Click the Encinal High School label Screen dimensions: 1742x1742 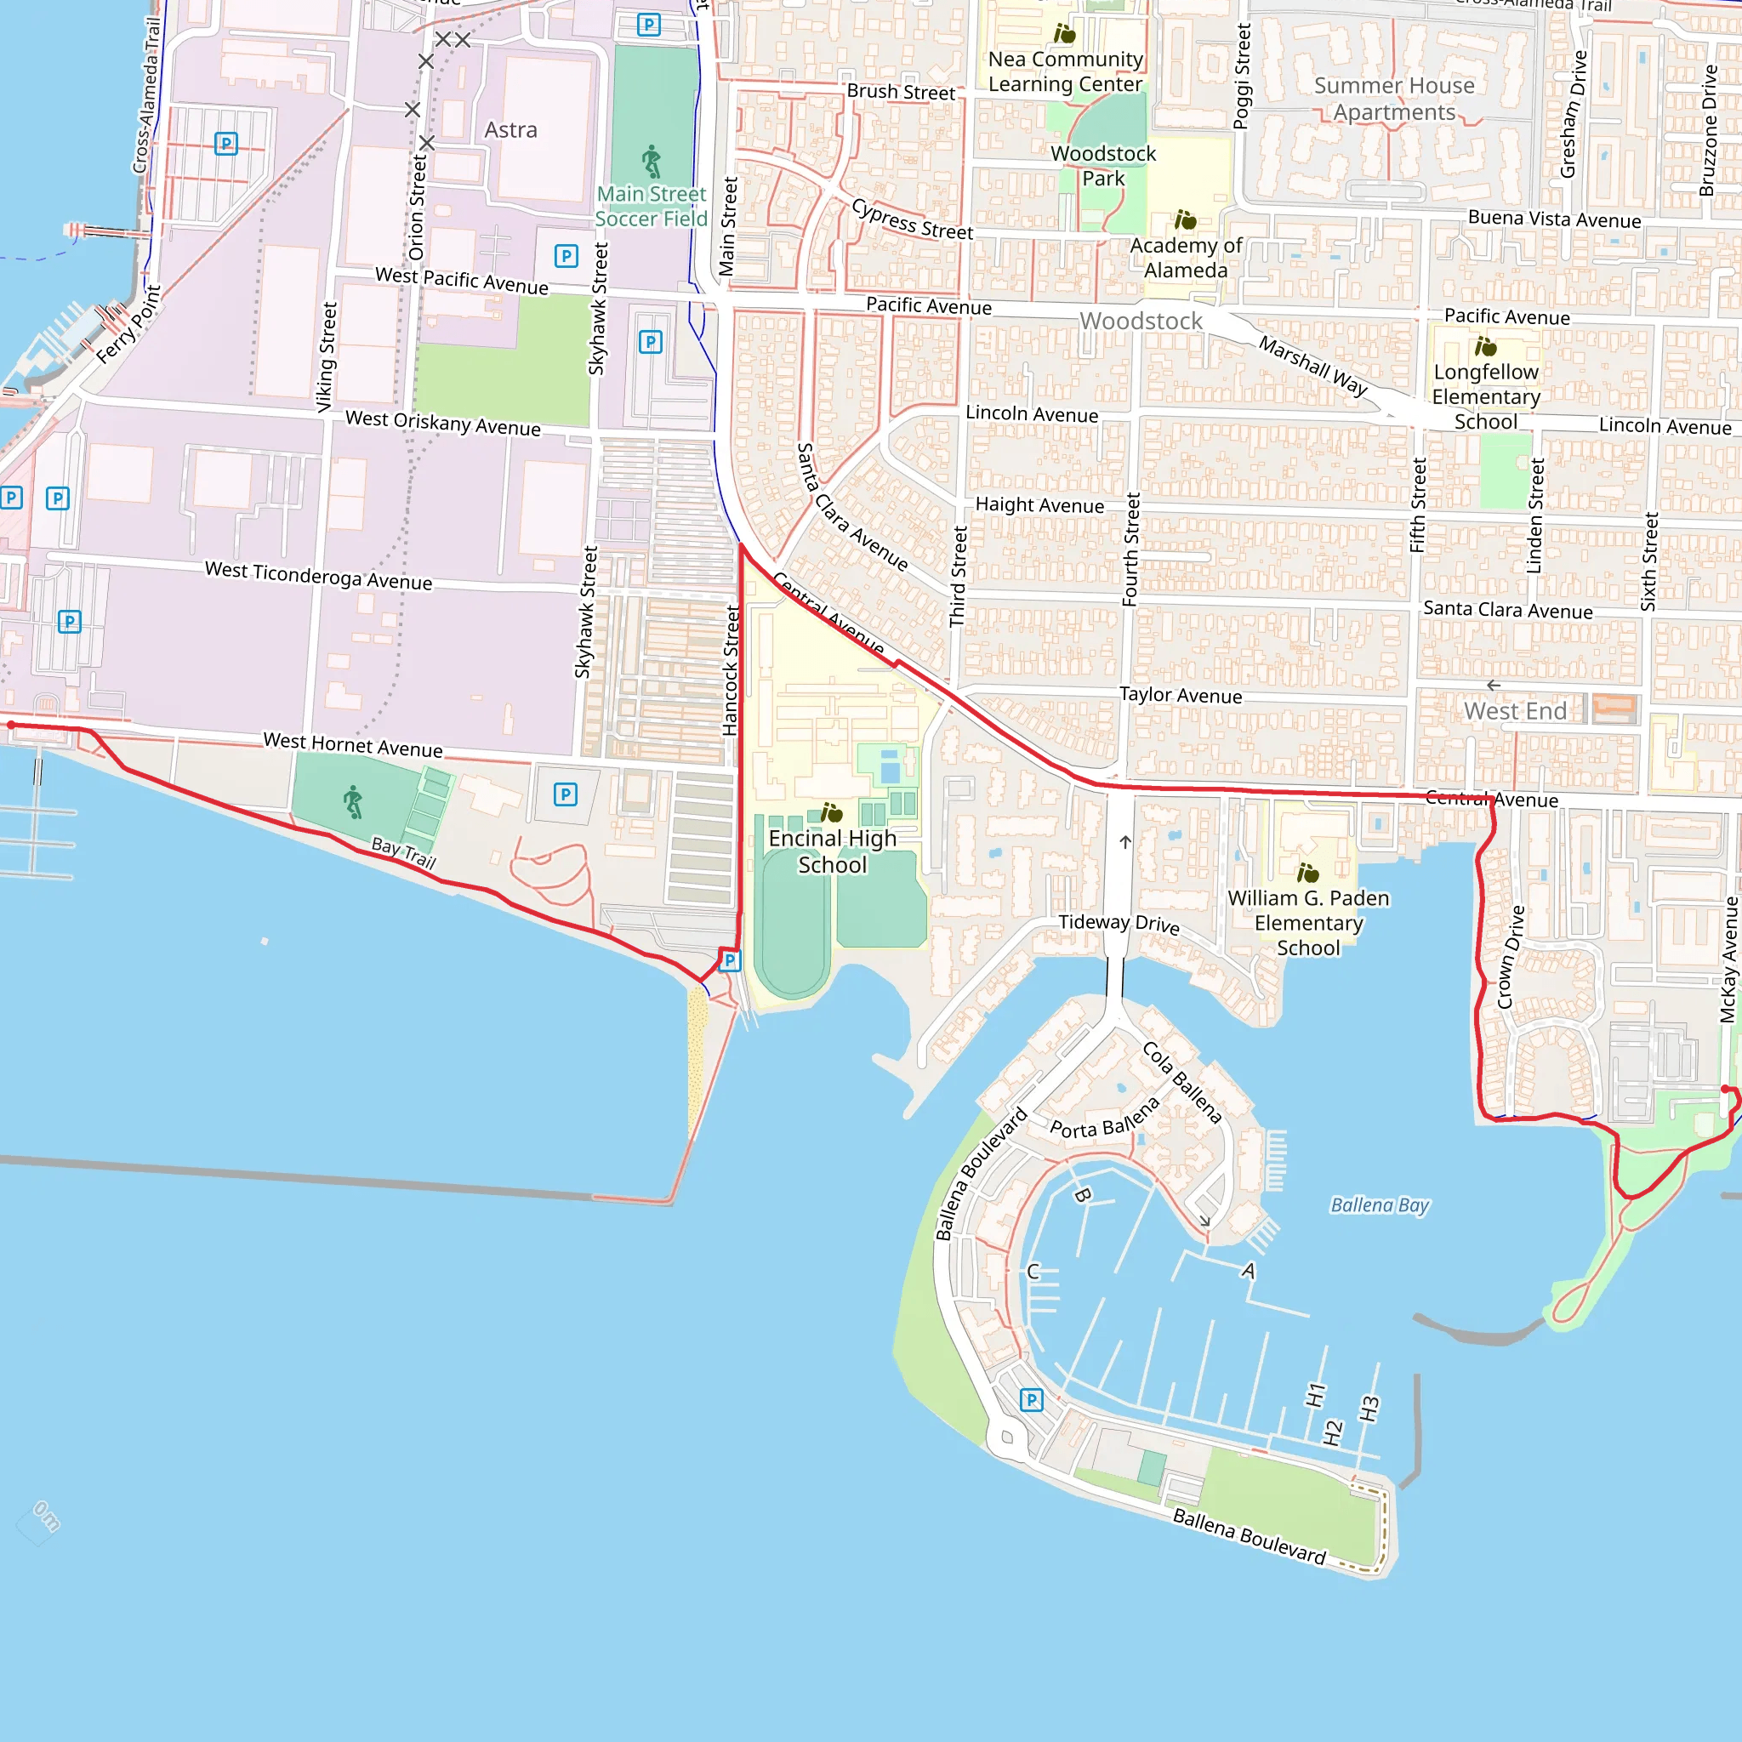(x=832, y=851)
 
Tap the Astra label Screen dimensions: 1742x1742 (x=510, y=130)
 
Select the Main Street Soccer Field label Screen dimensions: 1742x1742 (x=651, y=207)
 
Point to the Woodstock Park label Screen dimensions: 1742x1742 (x=1102, y=166)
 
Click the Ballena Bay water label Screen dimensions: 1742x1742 (x=1380, y=1205)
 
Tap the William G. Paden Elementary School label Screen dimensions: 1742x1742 (x=1307, y=922)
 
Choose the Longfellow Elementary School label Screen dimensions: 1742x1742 (x=1486, y=396)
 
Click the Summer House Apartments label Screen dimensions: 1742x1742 (x=1394, y=99)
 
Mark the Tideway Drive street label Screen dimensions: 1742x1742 (x=1119, y=922)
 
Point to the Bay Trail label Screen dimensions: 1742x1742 (x=404, y=852)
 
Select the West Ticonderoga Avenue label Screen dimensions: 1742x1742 (x=318, y=575)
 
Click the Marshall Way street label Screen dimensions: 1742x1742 (x=1312, y=365)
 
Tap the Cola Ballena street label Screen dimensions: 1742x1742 (x=1182, y=1082)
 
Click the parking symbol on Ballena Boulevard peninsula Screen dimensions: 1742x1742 (x=1032, y=1399)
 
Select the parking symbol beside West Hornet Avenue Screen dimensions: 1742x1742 (x=566, y=794)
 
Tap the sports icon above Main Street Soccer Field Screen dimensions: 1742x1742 (x=651, y=162)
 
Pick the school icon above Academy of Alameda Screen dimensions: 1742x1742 (x=1185, y=220)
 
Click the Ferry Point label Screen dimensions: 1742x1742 (x=129, y=325)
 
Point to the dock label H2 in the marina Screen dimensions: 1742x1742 (x=1333, y=1432)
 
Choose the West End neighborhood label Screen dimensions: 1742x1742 (x=1515, y=710)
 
